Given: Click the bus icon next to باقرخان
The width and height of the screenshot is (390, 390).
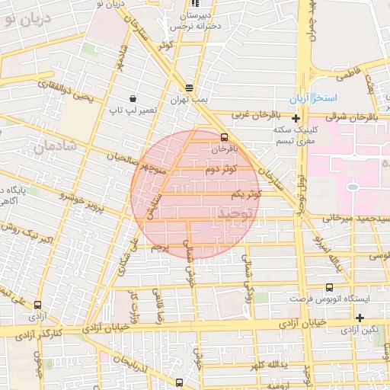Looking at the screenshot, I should coord(224,138).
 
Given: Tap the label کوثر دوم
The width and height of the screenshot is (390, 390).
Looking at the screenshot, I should coord(221,168).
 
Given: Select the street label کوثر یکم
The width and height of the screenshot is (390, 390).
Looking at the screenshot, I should coord(245,194).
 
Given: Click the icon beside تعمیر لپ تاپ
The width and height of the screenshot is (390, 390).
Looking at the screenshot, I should coord(133,98).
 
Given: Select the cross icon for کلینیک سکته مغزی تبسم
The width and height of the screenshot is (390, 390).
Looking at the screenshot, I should coord(296,118).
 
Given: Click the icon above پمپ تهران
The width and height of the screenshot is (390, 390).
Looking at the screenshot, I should coord(189,88).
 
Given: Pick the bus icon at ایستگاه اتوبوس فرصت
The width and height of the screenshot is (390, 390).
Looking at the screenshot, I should coord(329,288).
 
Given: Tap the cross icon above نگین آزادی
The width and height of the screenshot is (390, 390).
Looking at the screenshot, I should coord(360,318).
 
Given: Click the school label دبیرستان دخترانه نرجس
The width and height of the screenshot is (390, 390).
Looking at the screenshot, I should coord(197,20).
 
